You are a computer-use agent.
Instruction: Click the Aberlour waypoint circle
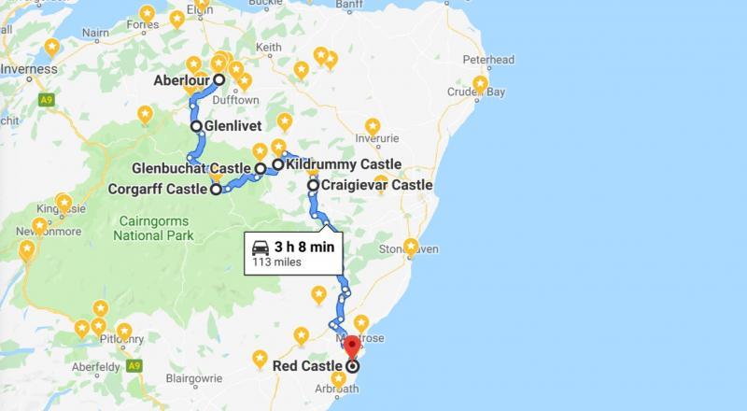[218, 80]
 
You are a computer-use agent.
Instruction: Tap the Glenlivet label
[233, 126]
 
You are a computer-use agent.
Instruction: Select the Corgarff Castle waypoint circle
[216, 190]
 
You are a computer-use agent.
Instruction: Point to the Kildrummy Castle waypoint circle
[277, 164]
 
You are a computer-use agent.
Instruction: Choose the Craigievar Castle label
[376, 185]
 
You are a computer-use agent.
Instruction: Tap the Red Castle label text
[307, 366]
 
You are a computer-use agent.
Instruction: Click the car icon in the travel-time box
[259, 248]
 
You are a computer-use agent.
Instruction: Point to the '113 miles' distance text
[272, 263]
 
